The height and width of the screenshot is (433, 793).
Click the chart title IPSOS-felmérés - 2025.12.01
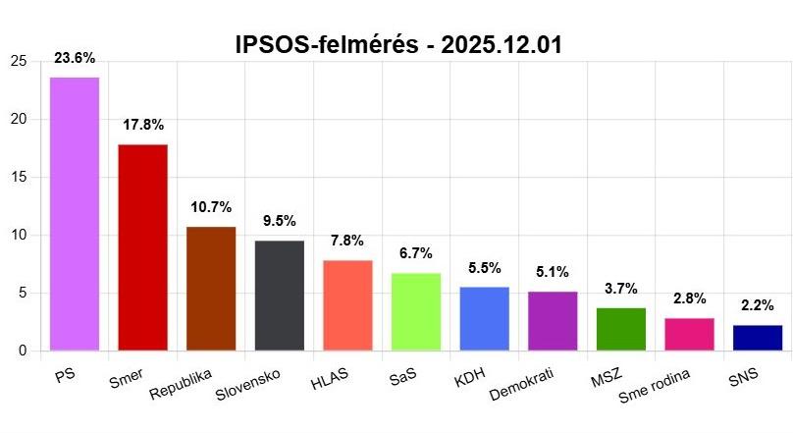[x=396, y=45]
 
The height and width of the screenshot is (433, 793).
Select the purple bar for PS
[x=75, y=214]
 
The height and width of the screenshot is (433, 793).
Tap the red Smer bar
[x=143, y=247]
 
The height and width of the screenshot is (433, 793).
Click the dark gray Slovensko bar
[x=280, y=296]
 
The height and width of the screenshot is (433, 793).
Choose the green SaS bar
[x=416, y=312]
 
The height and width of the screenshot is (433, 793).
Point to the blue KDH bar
[x=485, y=319]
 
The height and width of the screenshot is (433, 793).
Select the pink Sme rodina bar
[x=689, y=335]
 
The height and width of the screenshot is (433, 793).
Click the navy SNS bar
[x=758, y=338]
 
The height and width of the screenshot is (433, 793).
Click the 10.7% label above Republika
[x=211, y=207]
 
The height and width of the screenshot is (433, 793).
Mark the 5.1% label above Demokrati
[x=553, y=272]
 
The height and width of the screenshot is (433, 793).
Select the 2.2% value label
[x=758, y=305]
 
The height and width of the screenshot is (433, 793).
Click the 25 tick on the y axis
[x=18, y=62]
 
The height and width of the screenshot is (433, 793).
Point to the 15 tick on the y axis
[x=18, y=178]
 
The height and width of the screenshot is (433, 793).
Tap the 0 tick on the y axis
[x=22, y=352]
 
